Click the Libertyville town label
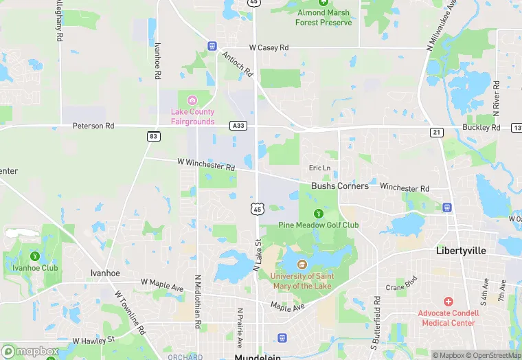pyautogui.click(x=461, y=251)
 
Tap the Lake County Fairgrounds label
pyautogui.click(x=192, y=117)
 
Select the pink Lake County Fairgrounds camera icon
pyautogui.click(x=192, y=101)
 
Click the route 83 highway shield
pyautogui.click(x=153, y=137)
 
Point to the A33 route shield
pyautogui.click(x=239, y=126)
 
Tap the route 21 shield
pyautogui.click(x=437, y=132)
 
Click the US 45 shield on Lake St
pyautogui.click(x=257, y=208)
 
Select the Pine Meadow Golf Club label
pyautogui.click(x=318, y=225)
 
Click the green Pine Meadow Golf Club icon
pyautogui.click(x=318, y=213)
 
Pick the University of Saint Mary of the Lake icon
pyautogui.click(x=302, y=263)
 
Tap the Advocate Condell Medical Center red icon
pyautogui.click(x=449, y=302)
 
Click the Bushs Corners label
pyautogui.click(x=339, y=185)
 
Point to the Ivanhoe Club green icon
pyautogui.click(x=35, y=256)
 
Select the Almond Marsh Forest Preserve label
pyautogui.click(x=323, y=17)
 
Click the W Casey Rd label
pyautogui.click(x=269, y=47)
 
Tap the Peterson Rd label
pyautogui.click(x=94, y=126)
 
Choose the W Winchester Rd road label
pyautogui.click(x=206, y=165)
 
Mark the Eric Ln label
pyautogui.click(x=319, y=168)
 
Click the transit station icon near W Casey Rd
pyautogui.click(x=212, y=45)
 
